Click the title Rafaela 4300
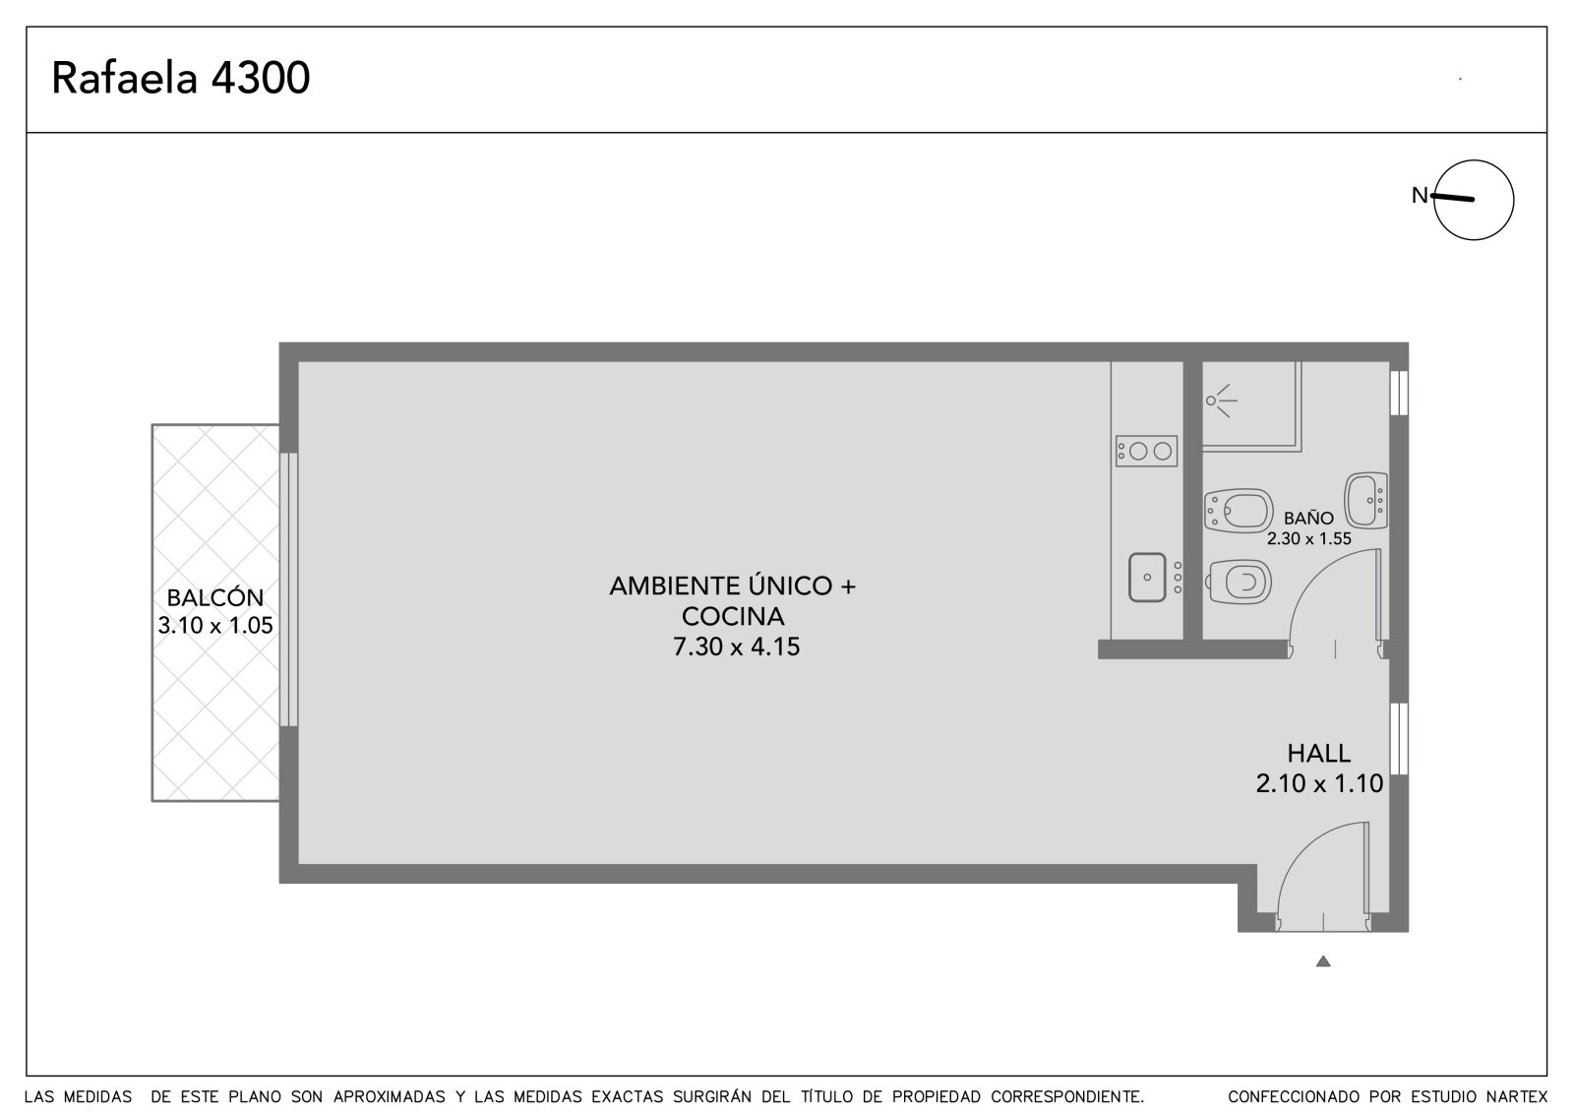[x=181, y=78]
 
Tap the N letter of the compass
[x=1421, y=195]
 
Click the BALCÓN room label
[x=215, y=597]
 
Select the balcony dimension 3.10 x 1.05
[x=215, y=625]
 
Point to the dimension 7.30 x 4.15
[x=737, y=647]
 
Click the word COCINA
[x=733, y=616]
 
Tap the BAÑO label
[x=1308, y=519]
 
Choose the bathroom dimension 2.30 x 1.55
[x=1309, y=538]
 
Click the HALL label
[x=1319, y=753]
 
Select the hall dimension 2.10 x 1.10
[x=1319, y=782]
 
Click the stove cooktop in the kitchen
[x=1146, y=451]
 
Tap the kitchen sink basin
[x=1147, y=578]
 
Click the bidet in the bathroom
[x=1239, y=511]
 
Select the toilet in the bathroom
[x=1241, y=582]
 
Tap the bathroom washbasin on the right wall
[x=1366, y=500]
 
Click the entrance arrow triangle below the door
[x=1323, y=961]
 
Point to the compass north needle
[x=1452, y=198]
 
